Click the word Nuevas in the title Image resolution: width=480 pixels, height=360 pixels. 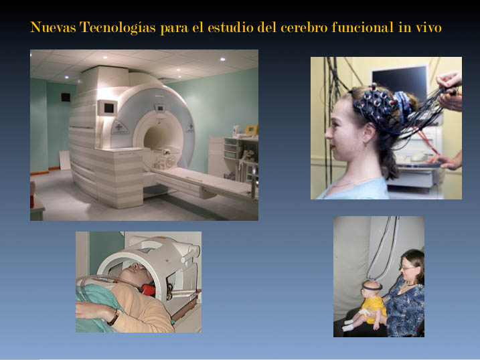click(x=54, y=27)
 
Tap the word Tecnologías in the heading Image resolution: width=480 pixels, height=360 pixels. click(x=118, y=28)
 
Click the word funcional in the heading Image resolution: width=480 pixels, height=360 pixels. click(x=364, y=27)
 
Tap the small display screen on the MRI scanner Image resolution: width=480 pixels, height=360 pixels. click(x=108, y=108)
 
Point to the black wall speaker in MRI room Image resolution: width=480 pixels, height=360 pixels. click(x=66, y=97)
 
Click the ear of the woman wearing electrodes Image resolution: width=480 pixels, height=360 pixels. click(x=369, y=133)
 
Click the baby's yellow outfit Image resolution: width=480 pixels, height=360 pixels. click(x=374, y=308)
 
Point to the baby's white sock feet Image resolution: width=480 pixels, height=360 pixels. click(x=349, y=325)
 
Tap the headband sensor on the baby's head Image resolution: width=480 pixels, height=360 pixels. click(x=372, y=286)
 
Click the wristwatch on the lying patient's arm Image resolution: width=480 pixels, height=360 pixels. click(x=114, y=317)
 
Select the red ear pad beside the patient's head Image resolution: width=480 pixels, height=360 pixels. click(x=149, y=289)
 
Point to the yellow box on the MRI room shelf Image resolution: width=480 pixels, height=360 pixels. click(x=251, y=129)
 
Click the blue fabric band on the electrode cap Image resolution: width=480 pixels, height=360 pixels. click(x=402, y=103)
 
